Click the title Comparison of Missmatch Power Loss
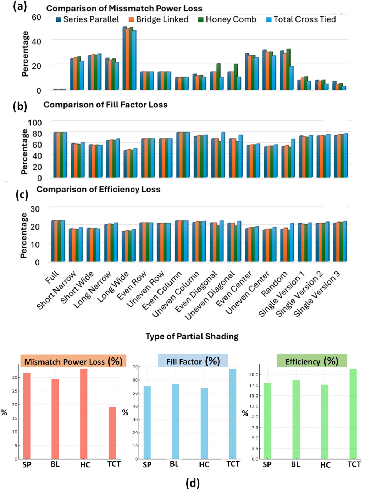pos(124,8)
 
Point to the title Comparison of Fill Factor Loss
pos(105,105)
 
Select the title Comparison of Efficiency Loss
pos(98,190)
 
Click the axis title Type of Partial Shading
pos(192,336)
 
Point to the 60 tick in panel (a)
pos(36,17)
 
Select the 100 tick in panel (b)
pos(35,123)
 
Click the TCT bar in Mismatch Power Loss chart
pos(112,433)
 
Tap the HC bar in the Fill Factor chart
pos(204,423)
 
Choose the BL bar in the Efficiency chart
pos(296,419)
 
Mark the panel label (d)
pos(193,483)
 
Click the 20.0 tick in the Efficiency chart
pos(253,374)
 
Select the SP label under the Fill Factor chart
pos(147,465)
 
